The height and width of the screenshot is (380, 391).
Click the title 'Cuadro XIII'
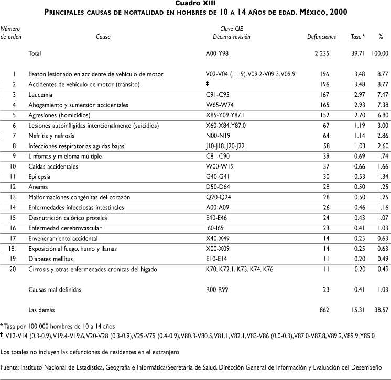195,3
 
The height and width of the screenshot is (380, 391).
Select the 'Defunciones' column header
321,37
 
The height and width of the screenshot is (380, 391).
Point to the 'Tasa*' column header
358,37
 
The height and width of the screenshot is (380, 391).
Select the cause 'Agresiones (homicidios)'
59,115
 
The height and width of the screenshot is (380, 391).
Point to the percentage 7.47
382,94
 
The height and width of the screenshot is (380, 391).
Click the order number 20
14,269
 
